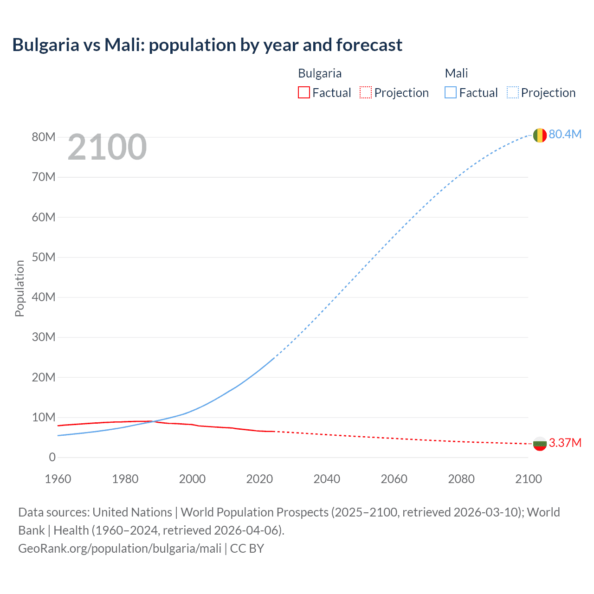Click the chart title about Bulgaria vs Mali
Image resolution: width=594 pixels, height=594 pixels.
click(207, 45)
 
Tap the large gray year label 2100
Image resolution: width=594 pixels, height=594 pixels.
click(107, 147)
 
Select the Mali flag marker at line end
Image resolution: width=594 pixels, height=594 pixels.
click(539, 135)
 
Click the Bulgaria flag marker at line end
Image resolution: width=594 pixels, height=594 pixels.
click(539, 444)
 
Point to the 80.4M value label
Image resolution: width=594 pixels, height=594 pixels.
click(565, 134)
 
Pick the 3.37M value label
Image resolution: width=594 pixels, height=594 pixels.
click(565, 443)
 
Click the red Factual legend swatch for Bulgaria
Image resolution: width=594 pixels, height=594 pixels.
click(303, 93)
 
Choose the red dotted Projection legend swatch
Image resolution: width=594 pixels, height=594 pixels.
click(366, 93)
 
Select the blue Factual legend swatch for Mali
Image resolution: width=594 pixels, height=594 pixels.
click(450, 93)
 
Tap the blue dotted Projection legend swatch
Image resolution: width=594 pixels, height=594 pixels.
click(512, 93)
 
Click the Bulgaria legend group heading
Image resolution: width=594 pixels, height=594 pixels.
click(319, 73)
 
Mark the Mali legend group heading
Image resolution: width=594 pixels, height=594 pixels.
click(456, 73)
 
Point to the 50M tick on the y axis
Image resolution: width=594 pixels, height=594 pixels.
click(44, 257)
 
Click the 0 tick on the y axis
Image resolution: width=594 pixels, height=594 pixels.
click(52, 458)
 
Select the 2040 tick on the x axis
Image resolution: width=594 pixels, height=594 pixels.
click(327, 479)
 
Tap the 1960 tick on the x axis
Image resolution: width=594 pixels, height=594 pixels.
click(58, 479)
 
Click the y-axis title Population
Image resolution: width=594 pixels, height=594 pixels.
click(19, 288)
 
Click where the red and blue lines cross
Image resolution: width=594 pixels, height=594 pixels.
click(153, 421)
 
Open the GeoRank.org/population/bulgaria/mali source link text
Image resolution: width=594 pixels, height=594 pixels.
click(120, 549)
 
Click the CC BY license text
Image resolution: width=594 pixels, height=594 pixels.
click(247, 549)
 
